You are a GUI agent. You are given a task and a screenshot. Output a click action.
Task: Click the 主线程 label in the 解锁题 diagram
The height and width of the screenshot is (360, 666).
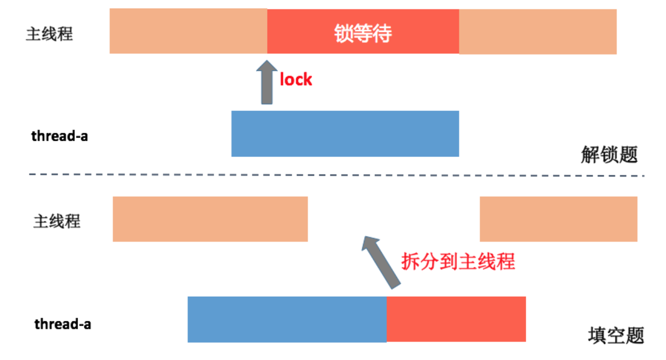(49, 34)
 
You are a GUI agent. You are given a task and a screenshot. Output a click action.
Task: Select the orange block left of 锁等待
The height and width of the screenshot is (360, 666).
(188, 31)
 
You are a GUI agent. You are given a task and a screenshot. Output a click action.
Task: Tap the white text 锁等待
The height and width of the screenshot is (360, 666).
(363, 34)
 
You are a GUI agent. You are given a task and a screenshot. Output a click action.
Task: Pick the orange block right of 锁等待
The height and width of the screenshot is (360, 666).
(538, 31)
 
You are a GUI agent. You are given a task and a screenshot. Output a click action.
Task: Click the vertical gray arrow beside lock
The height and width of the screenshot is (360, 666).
(267, 84)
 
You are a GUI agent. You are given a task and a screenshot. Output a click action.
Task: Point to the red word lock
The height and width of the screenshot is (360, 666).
(296, 80)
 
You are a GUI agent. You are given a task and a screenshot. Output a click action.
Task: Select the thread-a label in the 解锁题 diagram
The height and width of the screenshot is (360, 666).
(60, 137)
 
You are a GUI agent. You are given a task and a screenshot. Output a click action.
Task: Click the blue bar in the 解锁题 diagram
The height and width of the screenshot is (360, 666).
(345, 133)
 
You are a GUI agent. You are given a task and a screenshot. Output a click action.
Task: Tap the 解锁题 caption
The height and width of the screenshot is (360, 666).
(609, 154)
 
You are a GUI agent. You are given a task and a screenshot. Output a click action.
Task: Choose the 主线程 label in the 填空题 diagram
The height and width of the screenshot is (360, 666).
(57, 221)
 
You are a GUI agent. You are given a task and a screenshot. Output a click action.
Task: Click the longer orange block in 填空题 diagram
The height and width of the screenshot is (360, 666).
(210, 219)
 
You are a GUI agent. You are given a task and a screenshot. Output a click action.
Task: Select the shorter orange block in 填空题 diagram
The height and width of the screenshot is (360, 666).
(558, 219)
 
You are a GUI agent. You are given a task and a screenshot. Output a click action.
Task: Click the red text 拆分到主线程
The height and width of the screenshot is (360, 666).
(458, 261)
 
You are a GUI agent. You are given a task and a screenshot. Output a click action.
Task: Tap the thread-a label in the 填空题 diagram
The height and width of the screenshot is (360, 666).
(63, 324)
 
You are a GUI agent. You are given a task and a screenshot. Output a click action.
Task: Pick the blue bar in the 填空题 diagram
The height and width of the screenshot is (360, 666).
(287, 319)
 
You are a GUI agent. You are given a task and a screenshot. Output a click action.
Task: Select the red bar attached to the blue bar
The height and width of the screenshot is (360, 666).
(456, 319)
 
